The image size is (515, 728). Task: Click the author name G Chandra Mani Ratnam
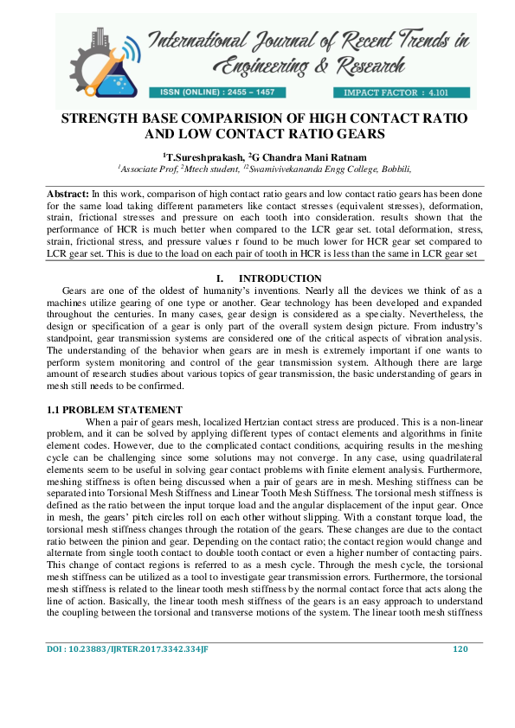[x=302, y=156]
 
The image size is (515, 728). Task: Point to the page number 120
[x=460, y=697]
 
